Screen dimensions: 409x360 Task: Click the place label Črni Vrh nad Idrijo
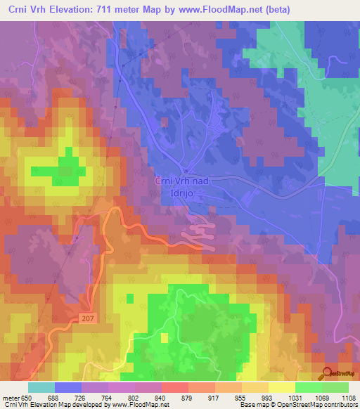point(181,187)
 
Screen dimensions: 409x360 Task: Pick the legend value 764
point(108,398)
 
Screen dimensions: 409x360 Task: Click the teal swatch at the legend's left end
point(41,387)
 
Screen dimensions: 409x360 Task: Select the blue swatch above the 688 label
point(68,387)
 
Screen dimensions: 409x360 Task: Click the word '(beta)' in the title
point(289,9)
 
